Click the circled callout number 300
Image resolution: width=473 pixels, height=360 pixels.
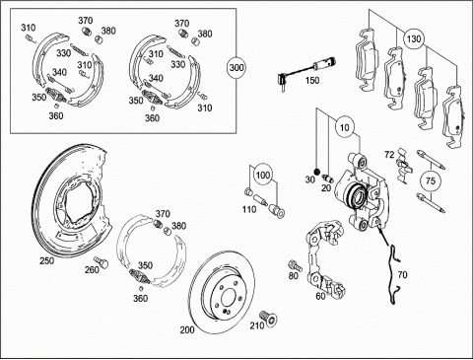point(236,68)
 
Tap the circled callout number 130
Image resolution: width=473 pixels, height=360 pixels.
point(414,38)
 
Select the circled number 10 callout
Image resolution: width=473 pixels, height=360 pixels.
point(345,127)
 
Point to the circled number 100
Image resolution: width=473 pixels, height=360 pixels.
point(263,175)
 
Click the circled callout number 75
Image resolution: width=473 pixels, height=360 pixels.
point(431,180)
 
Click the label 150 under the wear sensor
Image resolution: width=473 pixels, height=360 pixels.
point(312,80)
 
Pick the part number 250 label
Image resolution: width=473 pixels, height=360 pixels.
point(47,260)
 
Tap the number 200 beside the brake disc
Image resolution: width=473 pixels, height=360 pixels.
point(187,329)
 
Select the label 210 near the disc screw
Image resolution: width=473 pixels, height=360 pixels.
point(257,325)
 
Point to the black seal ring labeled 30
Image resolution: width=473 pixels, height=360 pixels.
point(316,172)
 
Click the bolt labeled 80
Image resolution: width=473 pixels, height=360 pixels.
point(296,265)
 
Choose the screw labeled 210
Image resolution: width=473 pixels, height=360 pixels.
point(269,319)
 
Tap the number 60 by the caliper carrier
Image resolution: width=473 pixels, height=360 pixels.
point(320,296)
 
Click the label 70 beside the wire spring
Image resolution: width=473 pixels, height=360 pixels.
point(402,274)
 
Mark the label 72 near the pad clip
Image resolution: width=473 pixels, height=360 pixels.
point(389,154)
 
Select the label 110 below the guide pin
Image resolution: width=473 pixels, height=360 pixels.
point(249,209)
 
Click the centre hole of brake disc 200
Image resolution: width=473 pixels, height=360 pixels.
point(228,298)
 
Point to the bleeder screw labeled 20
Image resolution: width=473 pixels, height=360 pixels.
point(328,179)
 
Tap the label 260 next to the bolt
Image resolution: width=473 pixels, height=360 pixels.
point(92,269)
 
